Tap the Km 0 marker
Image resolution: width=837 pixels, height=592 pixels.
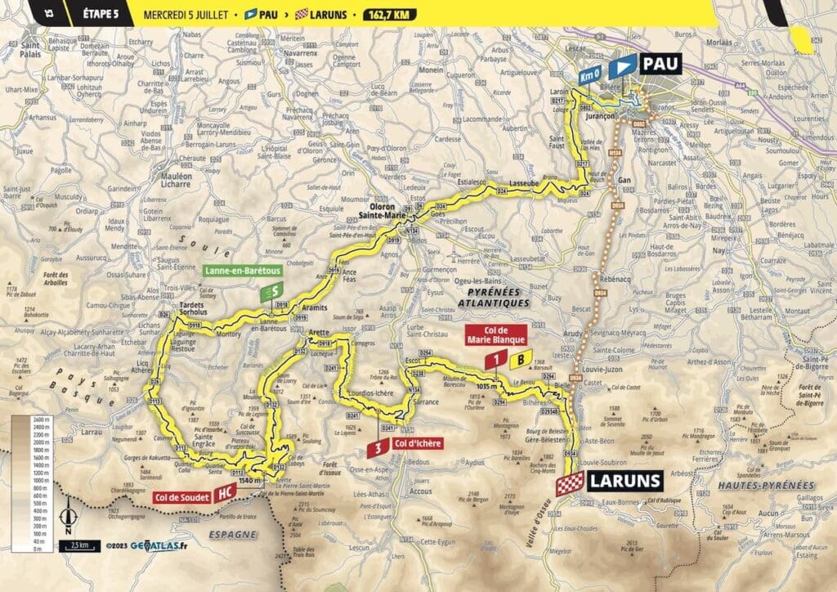point(591,75)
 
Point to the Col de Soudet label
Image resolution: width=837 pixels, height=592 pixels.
point(181,496)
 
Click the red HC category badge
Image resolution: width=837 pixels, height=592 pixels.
point(224,494)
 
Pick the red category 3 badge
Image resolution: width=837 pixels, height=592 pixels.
point(378,449)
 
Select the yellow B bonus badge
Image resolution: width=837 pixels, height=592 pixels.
point(518,359)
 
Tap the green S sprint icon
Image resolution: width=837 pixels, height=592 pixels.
point(271,292)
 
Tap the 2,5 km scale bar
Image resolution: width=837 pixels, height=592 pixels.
point(79,544)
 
